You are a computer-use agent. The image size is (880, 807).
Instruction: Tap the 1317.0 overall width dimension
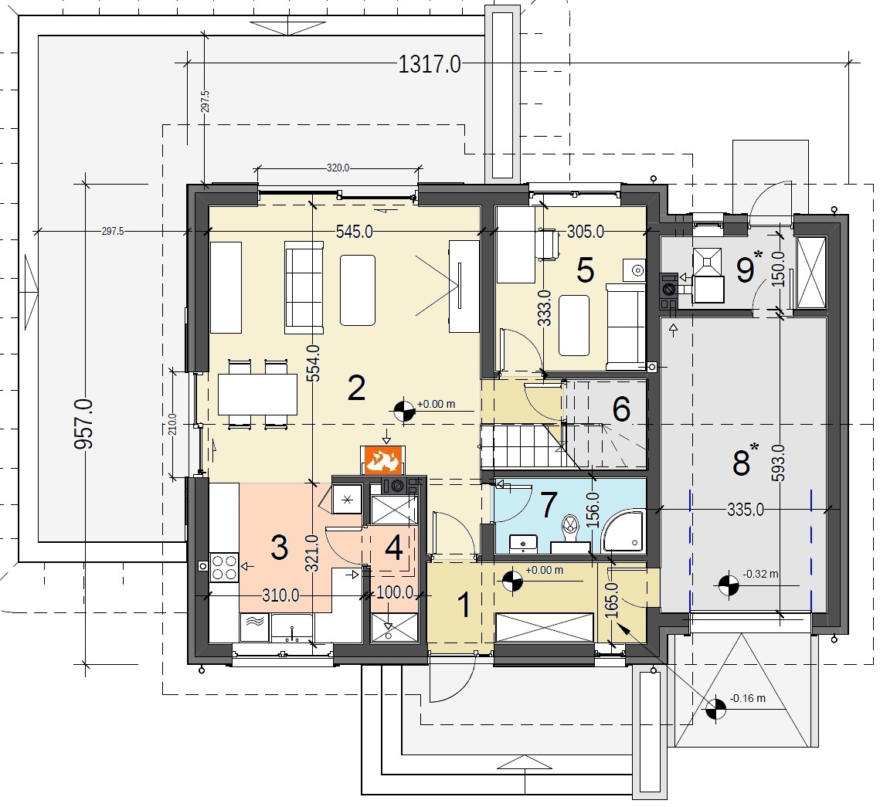point(430,65)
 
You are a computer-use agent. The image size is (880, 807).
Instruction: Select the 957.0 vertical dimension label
point(83,424)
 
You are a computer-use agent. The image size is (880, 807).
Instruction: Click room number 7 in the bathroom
point(549,504)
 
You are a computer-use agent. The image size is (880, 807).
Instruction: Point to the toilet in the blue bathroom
point(570,527)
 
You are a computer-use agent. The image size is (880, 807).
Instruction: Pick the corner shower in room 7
point(623,531)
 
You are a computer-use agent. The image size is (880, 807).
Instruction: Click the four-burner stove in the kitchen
point(224,567)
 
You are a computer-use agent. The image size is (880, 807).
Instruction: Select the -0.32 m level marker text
point(760,575)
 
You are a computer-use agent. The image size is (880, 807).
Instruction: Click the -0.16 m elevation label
point(748,698)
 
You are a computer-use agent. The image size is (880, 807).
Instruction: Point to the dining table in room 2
point(257,395)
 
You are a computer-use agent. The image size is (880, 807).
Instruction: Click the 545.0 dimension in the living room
point(354,231)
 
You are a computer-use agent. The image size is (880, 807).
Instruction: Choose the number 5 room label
point(586,270)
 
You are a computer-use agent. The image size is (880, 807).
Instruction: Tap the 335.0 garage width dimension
point(746,509)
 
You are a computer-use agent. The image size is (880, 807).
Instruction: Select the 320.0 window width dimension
point(338,168)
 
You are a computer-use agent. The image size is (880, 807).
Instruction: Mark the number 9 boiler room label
point(746,270)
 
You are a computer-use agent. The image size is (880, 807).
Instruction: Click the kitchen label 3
point(280,548)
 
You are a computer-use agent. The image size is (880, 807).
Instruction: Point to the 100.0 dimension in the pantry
point(395,592)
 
